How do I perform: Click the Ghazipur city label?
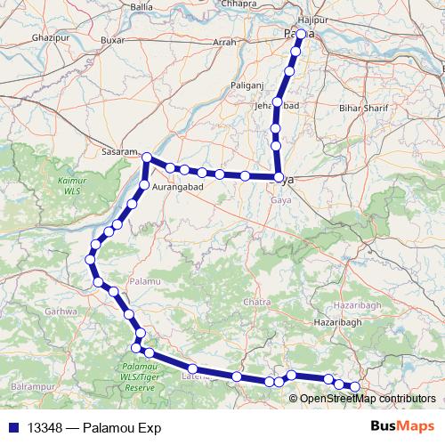point(44,39)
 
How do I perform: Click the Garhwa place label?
point(61,311)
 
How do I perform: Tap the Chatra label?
point(256,303)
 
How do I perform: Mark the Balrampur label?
point(34,389)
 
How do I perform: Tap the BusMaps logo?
point(402,427)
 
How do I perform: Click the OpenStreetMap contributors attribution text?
point(368,399)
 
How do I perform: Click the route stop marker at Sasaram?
point(147,158)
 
